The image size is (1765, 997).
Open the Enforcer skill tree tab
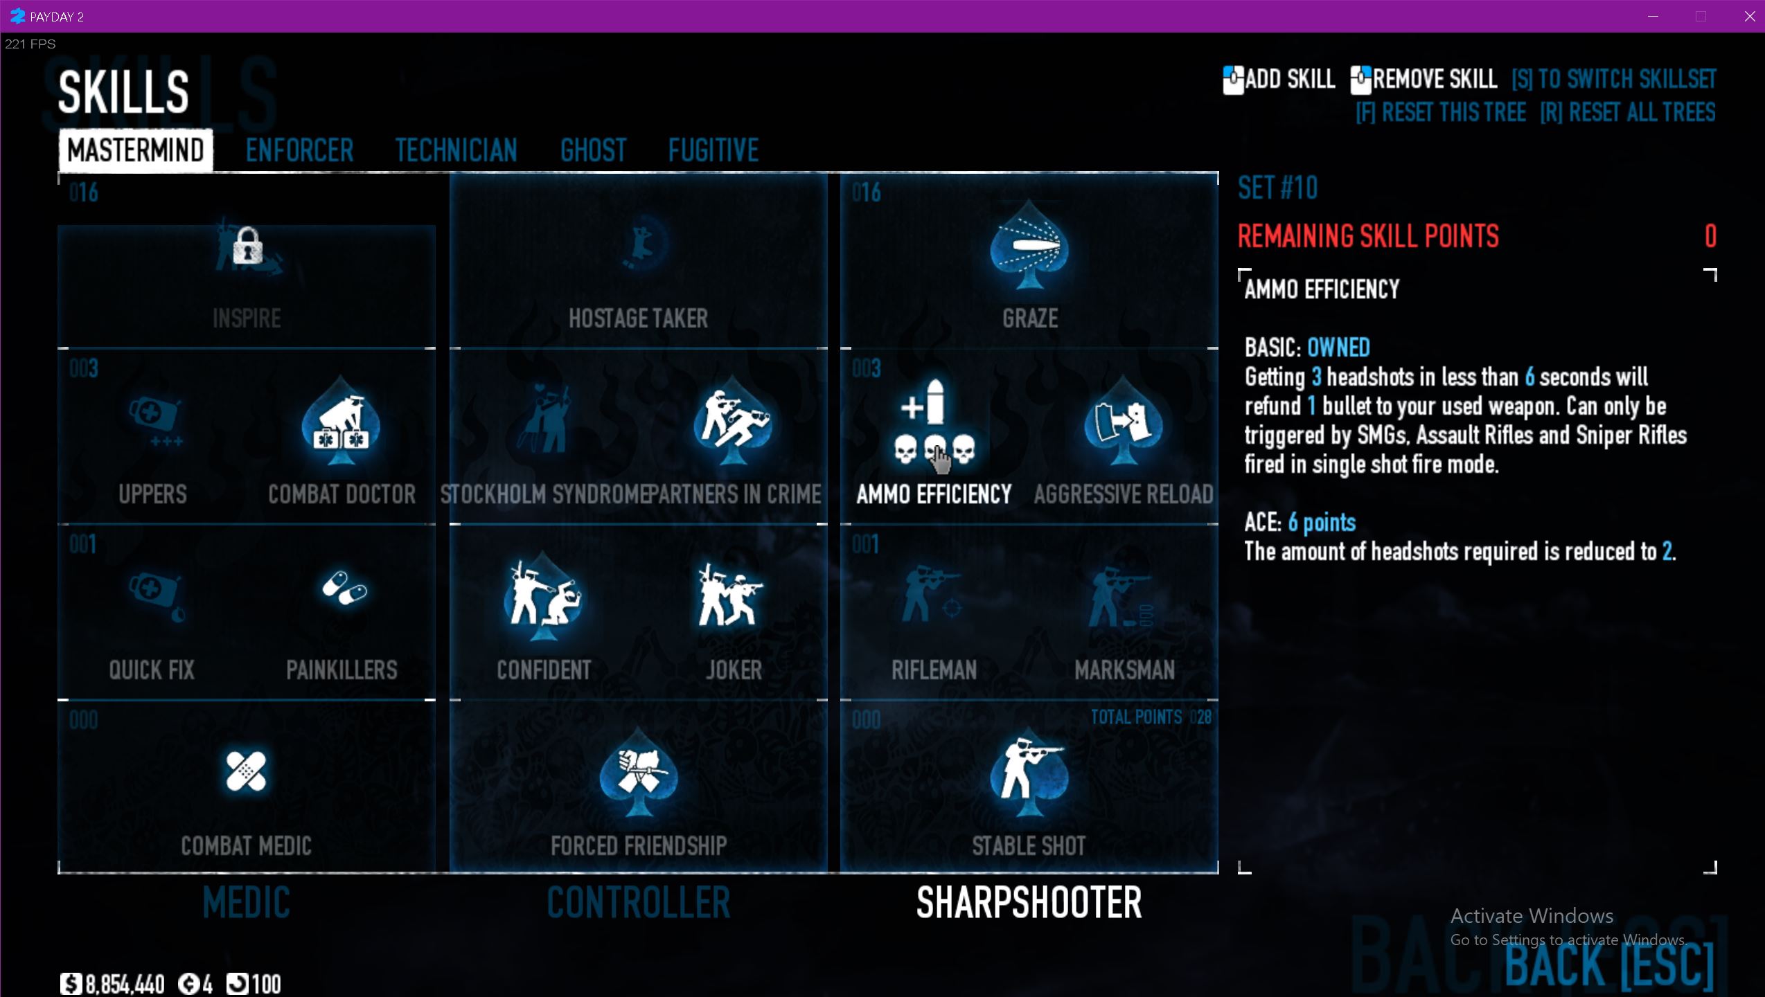299,150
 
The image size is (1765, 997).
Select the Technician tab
456,150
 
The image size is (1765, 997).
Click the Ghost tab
593,150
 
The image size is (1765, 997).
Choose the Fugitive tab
713,150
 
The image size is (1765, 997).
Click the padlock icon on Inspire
247,246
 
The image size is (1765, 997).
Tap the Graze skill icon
1029,246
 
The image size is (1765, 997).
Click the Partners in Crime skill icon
733,422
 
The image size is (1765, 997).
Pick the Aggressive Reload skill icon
1123,422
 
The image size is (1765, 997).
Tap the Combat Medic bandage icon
246,771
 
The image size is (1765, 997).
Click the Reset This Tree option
1441,112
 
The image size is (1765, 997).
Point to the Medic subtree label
246,903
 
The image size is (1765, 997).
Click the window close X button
1749,17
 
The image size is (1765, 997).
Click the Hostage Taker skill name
638,318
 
